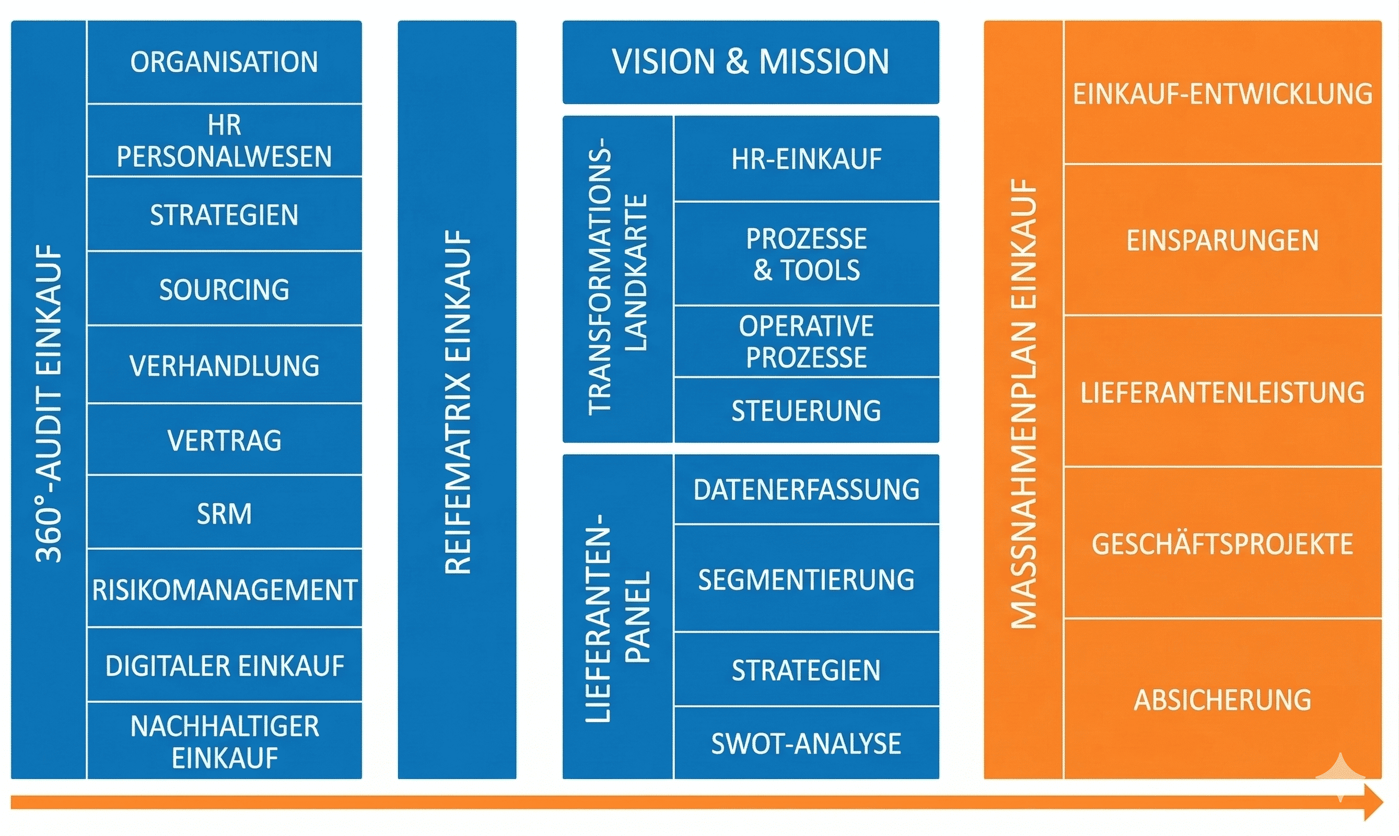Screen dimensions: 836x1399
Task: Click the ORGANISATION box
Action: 224,62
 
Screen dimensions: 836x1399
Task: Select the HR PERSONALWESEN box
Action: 224,140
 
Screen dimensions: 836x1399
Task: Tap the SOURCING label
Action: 224,289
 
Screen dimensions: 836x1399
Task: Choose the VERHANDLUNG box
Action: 224,365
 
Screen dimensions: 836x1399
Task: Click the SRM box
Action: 224,513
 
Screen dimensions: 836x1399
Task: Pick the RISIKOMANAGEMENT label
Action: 224,590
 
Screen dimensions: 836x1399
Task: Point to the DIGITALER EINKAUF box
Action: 224,665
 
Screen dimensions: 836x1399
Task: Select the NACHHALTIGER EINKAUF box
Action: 224,741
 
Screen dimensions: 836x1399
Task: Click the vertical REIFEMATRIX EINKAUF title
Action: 457,401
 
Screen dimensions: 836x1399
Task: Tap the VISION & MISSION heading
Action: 750,62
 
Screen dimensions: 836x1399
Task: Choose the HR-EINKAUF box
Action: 807,159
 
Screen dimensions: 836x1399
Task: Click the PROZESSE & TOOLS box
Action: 807,254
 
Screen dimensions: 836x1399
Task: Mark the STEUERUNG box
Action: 807,410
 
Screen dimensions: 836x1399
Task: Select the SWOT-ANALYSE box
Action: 807,744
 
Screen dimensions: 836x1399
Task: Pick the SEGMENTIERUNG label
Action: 807,579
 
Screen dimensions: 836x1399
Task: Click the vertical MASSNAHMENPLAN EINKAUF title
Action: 1023,403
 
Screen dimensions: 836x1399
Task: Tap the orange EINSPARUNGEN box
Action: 1222,240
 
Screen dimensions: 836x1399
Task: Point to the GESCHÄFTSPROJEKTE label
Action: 1222,543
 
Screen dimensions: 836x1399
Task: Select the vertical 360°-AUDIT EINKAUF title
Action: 49,403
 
